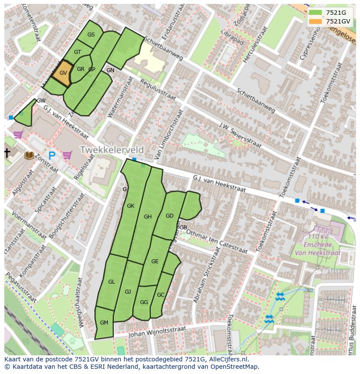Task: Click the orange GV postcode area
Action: [63, 73]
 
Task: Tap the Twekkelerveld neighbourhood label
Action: [111, 150]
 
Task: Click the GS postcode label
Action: [91, 35]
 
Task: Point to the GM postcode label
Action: [104, 322]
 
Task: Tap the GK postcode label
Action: [130, 206]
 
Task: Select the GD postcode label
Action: [170, 215]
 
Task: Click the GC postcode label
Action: [161, 295]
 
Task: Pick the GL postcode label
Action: [112, 282]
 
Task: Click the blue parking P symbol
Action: [52, 156]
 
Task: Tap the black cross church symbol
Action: [7, 152]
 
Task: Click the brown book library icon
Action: [30, 155]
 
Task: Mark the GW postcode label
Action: [41, 101]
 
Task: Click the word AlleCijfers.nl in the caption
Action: [228, 360]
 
